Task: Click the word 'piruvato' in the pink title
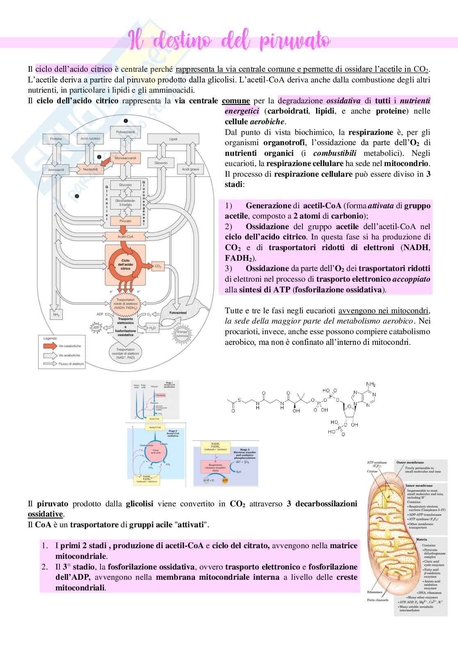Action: coord(295,41)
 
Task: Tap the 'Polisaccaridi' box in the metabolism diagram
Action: coord(126,132)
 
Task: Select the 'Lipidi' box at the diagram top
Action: coord(173,139)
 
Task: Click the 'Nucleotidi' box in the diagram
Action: coord(90,169)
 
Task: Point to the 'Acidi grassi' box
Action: coord(190,169)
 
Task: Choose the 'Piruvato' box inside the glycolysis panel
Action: coord(126,221)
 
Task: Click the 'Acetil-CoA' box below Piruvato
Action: coord(126,237)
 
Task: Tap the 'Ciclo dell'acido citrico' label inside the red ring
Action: coord(125,264)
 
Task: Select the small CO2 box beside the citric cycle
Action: coord(158,267)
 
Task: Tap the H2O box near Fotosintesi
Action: coord(152,328)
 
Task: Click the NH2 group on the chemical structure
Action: coord(371,385)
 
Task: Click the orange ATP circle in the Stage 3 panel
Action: coord(225,480)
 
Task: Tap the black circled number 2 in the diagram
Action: coord(99,157)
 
